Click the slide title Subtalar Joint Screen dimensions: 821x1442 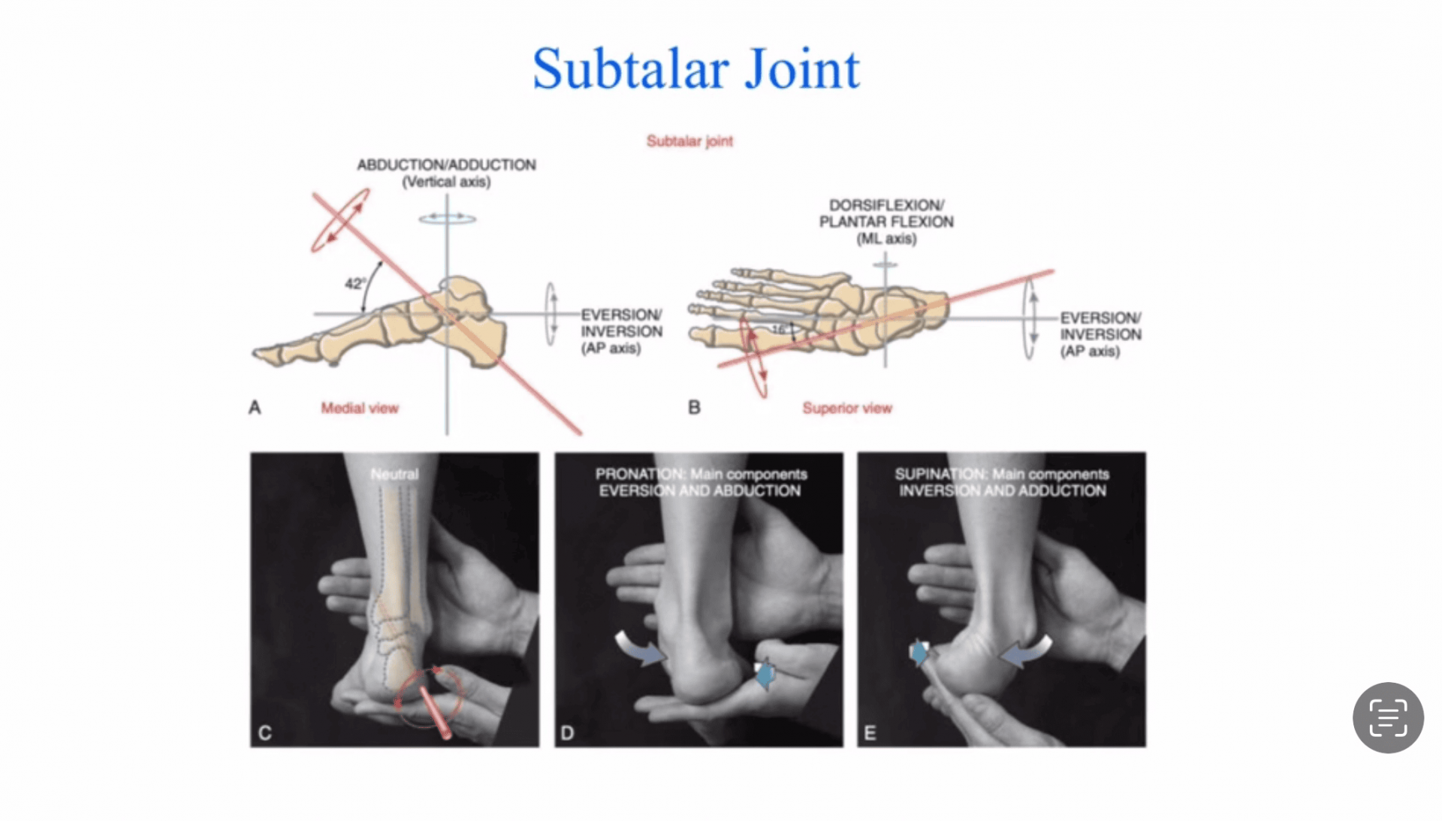tap(695, 69)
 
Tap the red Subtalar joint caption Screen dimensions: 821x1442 tap(689, 141)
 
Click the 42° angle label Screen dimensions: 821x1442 tap(354, 284)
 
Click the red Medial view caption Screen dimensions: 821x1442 tap(360, 408)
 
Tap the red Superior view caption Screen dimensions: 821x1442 tap(847, 408)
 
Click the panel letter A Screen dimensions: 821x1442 tap(255, 408)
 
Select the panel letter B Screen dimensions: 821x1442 tap(694, 408)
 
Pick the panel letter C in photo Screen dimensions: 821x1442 tap(264, 732)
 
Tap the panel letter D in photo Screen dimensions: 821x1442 tap(567, 732)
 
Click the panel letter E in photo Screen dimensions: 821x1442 tap(870, 732)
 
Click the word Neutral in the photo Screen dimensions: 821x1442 tap(394, 474)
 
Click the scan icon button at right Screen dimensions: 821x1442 tap(1388, 717)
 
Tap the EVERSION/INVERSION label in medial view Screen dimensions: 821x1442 tap(621, 331)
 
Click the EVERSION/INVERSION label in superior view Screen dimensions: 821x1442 tap(1100, 334)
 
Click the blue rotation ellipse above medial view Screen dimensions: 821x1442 tap(447, 219)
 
